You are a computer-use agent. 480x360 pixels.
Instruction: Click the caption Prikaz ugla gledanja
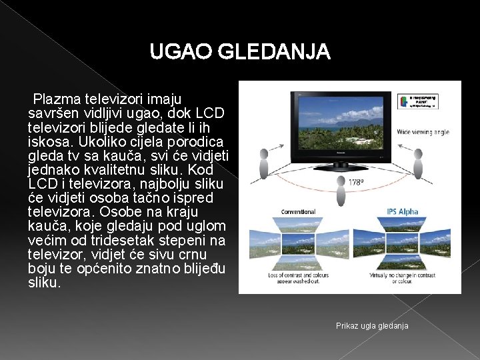372,325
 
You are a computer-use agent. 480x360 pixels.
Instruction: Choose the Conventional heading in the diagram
298,211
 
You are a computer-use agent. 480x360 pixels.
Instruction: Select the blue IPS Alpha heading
403,211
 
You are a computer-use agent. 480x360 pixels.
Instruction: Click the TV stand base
341,159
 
